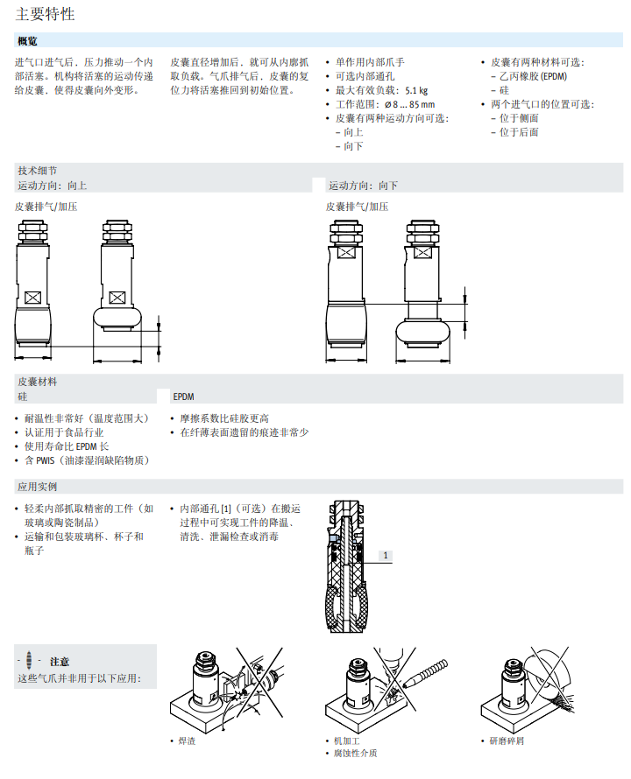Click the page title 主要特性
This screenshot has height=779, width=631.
point(45,14)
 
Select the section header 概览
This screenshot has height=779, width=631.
point(27,41)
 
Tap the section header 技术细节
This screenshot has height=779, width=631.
point(37,171)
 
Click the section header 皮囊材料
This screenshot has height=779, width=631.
point(37,382)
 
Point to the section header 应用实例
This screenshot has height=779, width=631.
point(37,487)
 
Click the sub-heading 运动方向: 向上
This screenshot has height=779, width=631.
point(53,186)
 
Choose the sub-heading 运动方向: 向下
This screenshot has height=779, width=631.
point(364,186)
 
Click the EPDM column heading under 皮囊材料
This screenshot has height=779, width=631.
point(183,397)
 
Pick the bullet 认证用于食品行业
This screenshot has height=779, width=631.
point(63,432)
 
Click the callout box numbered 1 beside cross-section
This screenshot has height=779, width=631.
point(386,555)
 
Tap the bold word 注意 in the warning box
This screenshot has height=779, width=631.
point(60,662)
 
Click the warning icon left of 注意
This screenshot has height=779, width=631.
point(30,661)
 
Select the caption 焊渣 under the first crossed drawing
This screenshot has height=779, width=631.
point(187,740)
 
